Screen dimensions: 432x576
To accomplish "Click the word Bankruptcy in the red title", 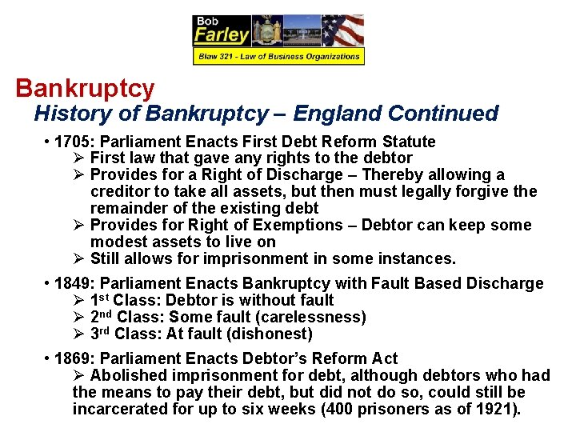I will (85, 87).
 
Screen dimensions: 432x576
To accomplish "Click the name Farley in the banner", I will (221, 34).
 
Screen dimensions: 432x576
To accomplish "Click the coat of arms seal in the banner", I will (266, 31).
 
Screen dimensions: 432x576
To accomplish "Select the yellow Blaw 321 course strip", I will (278, 56).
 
